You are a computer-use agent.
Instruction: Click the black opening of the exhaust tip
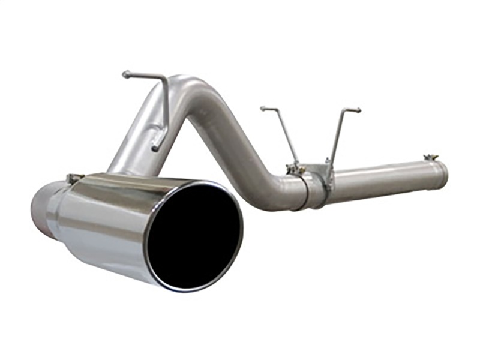[196, 235]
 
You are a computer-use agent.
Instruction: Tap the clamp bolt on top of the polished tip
[74, 178]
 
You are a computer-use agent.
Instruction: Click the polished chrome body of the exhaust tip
[108, 222]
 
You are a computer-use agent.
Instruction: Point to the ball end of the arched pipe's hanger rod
[125, 74]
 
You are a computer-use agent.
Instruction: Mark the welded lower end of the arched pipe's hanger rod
[155, 146]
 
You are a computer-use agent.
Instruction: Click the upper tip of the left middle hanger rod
[263, 109]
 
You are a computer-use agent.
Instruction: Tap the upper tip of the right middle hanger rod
[358, 110]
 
